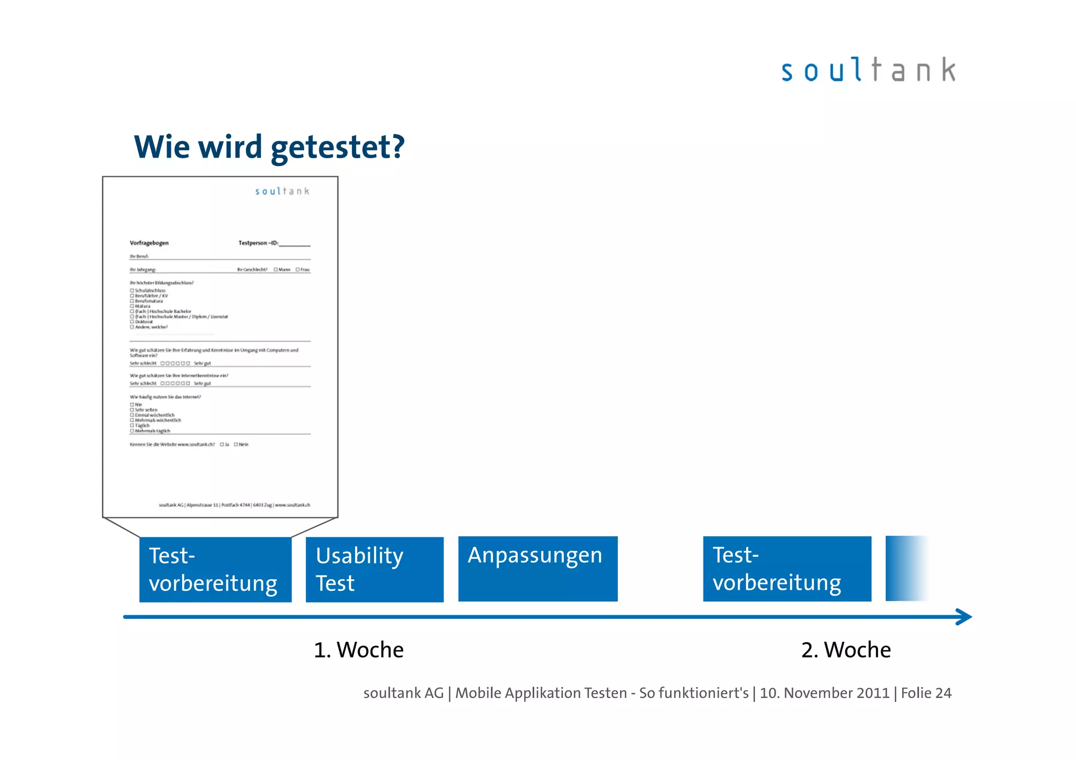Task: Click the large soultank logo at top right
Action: point(868,70)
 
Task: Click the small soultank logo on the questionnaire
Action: point(282,191)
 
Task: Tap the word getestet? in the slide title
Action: point(337,147)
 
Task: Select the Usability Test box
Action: point(374,569)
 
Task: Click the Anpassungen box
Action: point(537,569)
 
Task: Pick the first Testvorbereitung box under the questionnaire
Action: point(215,569)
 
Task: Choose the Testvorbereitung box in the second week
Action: point(787,569)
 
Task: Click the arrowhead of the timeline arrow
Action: point(965,617)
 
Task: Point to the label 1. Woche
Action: point(359,650)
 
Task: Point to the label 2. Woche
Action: point(846,650)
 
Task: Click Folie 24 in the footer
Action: point(926,693)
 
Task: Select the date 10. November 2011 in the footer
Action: point(824,693)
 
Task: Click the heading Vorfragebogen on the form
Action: point(149,243)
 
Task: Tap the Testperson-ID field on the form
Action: point(294,244)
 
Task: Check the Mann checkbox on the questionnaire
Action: point(276,269)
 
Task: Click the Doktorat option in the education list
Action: point(132,322)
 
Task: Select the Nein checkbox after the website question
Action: point(236,444)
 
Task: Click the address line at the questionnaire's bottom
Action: point(234,505)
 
